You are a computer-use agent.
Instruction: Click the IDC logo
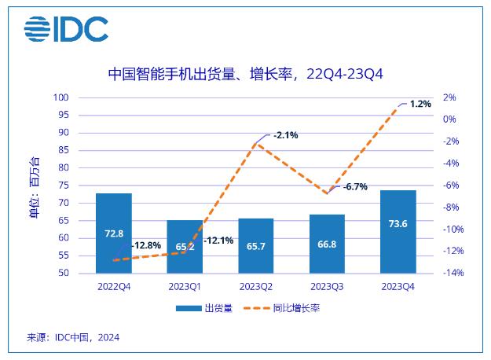pyautogui.click(x=66, y=29)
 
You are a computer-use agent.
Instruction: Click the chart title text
pyautogui.click(x=245, y=74)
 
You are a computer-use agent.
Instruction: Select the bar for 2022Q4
pyautogui.click(x=114, y=233)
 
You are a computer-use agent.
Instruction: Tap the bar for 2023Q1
pyautogui.click(x=185, y=247)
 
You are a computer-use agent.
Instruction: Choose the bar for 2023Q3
pyautogui.click(x=328, y=244)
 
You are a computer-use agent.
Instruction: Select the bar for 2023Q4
pyautogui.click(x=398, y=232)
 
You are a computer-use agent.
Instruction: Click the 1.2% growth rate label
pyautogui.click(x=420, y=104)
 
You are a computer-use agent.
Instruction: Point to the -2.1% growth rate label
pyautogui.click(x=286, y=135)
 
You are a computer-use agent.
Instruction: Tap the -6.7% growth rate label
pyautogui.click(x=355, y=186)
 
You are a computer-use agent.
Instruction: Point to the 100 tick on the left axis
pyautogui.click(x=82, y=97)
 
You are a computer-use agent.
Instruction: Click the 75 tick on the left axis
pyautogui.click(x=84, y=186)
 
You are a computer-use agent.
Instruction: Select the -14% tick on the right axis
pyautogui.click(x=453, y=273)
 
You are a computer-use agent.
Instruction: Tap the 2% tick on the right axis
pyautogui.click(x=449, y=97)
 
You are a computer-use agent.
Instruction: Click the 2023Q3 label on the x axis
pyautogui.click(x=328, y=286)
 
